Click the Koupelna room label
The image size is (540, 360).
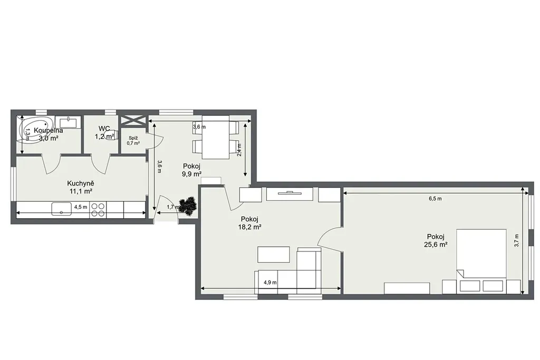click(49, 130)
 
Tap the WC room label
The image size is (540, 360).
click(104, 129)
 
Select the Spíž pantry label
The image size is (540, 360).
click(133, 138)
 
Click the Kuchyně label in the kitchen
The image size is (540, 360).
click(81, 183)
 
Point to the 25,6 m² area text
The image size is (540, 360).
click(436, 245)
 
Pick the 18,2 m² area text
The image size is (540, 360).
click(249, 227)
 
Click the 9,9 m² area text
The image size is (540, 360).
click(191, 174)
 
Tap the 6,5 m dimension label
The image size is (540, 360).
click(435, 199)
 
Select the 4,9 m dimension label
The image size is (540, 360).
click(270, 283)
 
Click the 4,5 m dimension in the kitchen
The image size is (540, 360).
click(81, 207)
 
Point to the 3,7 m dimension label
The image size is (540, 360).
click(516, 240)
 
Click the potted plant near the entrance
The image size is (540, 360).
click(188, 206)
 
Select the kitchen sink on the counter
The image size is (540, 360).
click(62, 209)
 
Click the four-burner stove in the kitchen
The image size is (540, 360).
click(98, 210)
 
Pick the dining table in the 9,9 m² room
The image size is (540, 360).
click(216, 138)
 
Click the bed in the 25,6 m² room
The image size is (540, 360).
click(481, 253)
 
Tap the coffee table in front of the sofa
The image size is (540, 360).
click(274, 255)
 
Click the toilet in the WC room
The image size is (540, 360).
click(113, 135)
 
